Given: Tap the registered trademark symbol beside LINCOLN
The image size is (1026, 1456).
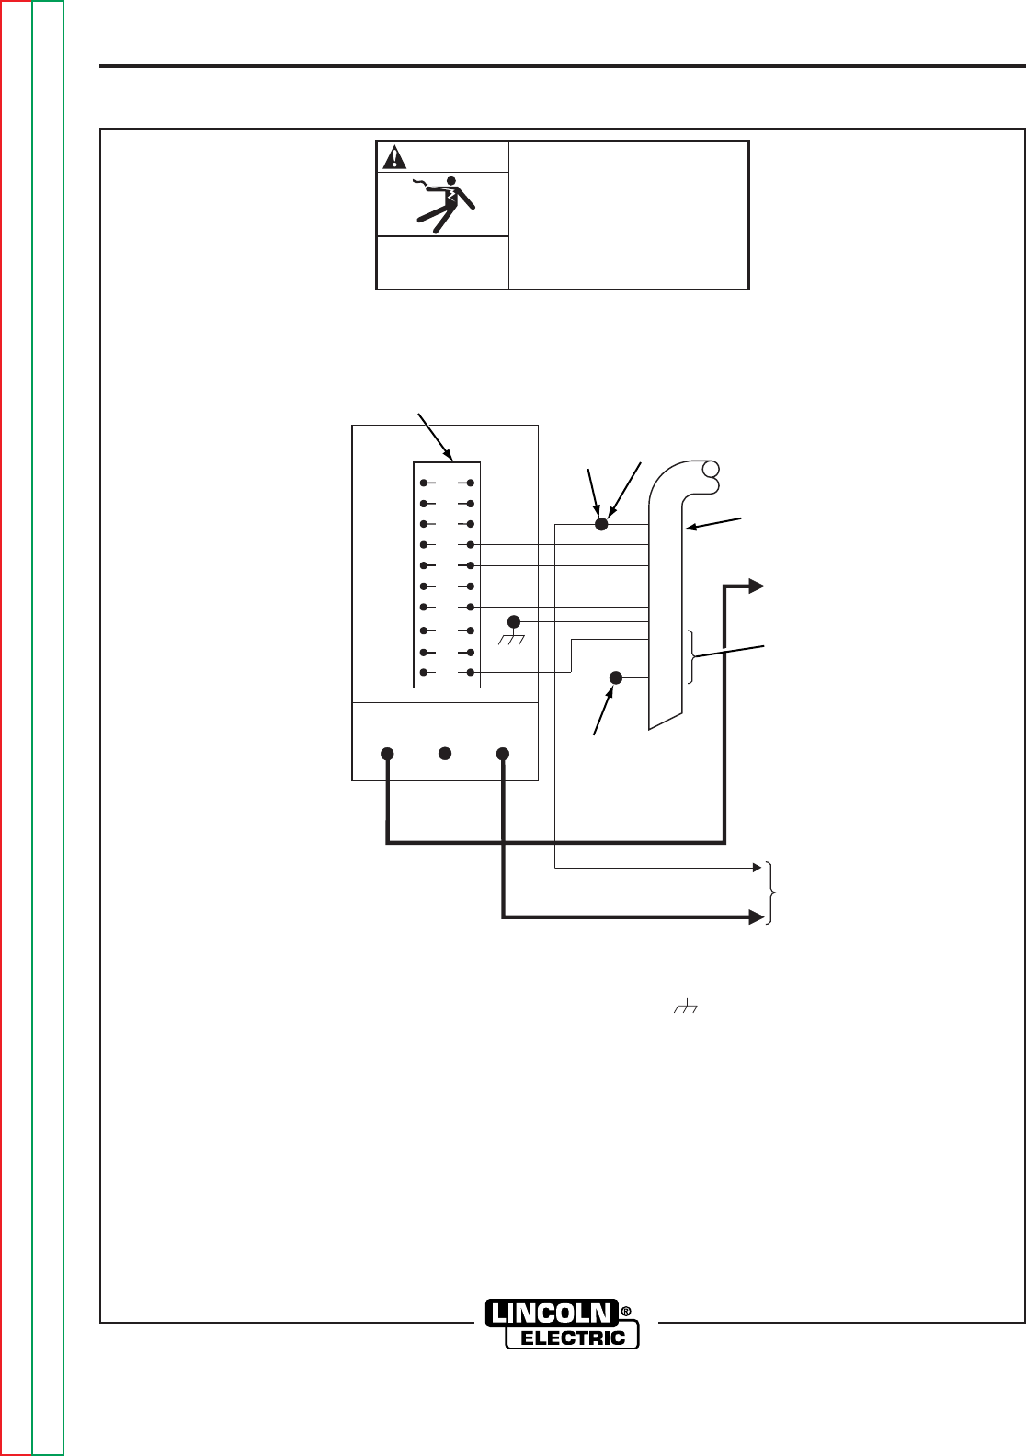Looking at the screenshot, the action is pos(626,1311).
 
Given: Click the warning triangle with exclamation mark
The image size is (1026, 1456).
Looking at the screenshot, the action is pos(394,157).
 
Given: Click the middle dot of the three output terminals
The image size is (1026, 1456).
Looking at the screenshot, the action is pos(445,754).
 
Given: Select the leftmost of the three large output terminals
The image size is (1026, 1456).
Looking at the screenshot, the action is pos(387,754).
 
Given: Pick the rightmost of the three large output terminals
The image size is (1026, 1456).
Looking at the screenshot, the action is pos(503,754).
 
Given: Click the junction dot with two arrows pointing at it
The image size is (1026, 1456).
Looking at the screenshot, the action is pos(602,524).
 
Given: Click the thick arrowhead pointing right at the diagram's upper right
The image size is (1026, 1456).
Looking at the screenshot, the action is pos(757,586).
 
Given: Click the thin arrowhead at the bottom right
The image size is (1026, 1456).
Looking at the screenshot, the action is pos(757,867).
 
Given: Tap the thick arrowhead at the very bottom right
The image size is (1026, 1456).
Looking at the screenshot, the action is pos(757,916).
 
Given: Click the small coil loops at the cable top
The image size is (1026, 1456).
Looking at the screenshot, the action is pos(708,472).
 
